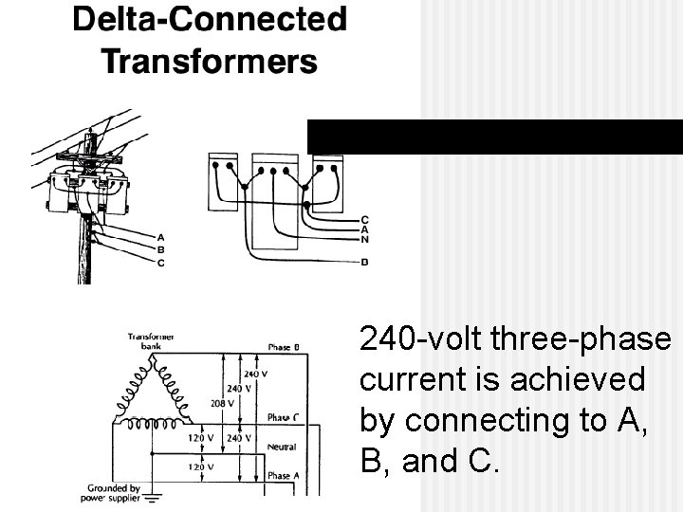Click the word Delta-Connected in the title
209,21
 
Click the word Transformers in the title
209,62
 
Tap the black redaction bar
494,137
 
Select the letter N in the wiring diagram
365,239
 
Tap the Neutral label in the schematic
282,446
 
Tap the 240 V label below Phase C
239,438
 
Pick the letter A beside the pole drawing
160,236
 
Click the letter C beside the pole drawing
160,263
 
